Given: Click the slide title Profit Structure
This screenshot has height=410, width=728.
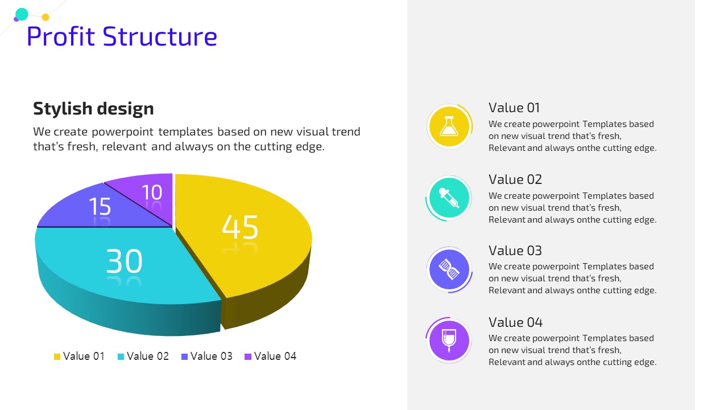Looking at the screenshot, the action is tap(122, 36).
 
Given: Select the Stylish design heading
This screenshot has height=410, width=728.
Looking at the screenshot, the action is tap(93, 109).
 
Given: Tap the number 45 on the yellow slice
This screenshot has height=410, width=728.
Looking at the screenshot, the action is tap(240, 227).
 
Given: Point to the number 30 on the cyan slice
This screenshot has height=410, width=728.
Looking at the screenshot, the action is tap(124, 261).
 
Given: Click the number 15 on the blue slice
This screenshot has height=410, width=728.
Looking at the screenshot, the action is tap(100, 206).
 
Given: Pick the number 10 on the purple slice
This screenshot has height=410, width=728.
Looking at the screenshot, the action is tap(152, 192).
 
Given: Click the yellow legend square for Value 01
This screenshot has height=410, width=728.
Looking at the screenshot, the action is tap(57, 356).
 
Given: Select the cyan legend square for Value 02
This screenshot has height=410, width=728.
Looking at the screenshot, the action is tap(121, 356).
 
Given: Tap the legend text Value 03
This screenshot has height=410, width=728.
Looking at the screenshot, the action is tap(211, 356).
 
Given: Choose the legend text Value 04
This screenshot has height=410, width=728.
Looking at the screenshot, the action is tap(275, 356).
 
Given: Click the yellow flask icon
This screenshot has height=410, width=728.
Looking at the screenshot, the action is tap(449, 126).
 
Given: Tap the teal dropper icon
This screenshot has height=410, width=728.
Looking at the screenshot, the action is tap(449, 198).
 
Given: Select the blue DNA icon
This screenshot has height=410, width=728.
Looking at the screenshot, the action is tap(449, 269).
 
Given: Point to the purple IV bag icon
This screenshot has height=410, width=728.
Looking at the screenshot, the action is tap(449, 341).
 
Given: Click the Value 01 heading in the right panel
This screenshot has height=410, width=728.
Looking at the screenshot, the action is tap(514, 108).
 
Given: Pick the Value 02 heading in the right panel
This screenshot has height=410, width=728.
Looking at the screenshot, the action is tap(515, 179).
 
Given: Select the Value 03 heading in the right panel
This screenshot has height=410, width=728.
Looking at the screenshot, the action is tap(515, 251).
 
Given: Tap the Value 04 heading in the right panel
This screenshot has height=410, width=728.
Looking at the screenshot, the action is tap(515, 322).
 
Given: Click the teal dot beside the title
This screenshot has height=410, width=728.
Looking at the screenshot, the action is tap(22, 14).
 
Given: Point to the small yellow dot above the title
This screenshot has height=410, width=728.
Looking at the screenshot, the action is tap(45, 17).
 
